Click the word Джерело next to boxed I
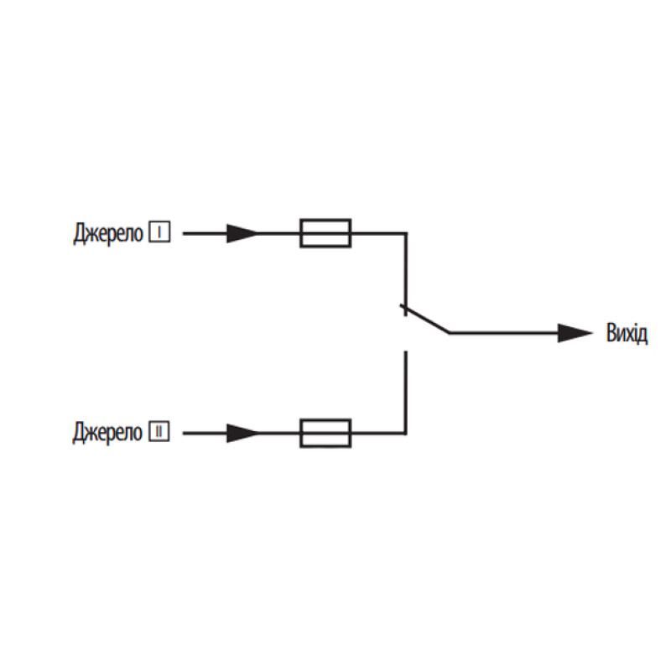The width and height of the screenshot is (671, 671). (108, 233)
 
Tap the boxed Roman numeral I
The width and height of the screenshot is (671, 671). (159, 232)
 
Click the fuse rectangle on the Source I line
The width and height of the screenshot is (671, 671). (325, 233)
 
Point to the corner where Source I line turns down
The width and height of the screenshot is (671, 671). (406, 234)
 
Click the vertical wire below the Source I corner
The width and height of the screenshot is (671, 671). (406, 274)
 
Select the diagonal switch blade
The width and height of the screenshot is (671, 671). (424, 319)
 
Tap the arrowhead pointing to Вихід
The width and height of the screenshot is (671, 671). (575, 333)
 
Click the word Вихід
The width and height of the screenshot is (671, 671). (627, 333)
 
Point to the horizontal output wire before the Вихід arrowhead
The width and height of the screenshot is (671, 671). (504, 333)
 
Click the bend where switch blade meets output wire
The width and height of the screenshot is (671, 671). (450, 332)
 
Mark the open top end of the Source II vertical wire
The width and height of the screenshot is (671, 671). (406, 351)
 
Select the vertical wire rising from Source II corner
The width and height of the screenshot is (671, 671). (406, 393)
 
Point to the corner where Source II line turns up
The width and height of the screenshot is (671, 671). (406, 433)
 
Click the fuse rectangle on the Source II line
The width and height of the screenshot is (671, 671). (325, 433)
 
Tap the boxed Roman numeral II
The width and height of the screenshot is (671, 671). (159, 431)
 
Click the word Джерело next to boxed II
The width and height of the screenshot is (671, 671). (107, 433)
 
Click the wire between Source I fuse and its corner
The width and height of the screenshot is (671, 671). (379, 234)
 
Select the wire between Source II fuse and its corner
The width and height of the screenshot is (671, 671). (379, 433)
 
